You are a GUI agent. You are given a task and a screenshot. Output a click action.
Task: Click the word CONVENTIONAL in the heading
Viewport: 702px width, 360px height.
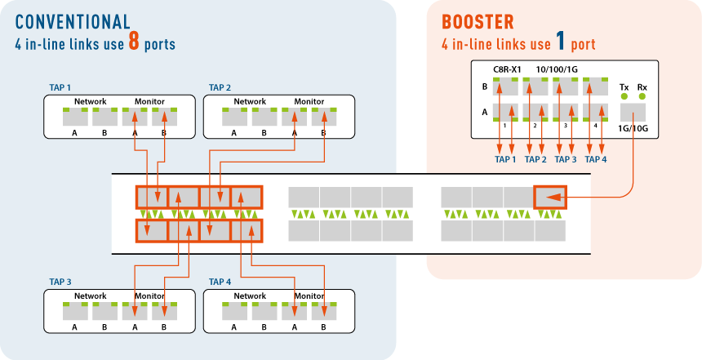(x=73, y=22)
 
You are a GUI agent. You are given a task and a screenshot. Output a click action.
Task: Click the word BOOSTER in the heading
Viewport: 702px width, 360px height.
(x=478, y=22)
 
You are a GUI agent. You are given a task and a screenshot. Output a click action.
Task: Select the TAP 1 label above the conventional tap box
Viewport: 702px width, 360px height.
(x=60, y=88)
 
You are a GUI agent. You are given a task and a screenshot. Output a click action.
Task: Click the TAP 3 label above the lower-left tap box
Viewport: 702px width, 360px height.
(x=60, y=282)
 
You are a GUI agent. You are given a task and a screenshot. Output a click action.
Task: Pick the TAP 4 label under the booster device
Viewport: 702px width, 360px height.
(x=596, y=159)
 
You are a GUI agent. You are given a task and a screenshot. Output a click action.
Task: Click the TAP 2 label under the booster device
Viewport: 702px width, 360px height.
(x=535, y=159)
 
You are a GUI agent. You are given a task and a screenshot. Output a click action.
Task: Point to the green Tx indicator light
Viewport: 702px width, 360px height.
(x=624, y=96)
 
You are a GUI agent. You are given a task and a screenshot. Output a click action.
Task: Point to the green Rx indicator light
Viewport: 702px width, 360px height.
(x=642, y=96)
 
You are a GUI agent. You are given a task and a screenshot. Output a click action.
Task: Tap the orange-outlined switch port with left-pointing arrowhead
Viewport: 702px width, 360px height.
(x=550, y=197)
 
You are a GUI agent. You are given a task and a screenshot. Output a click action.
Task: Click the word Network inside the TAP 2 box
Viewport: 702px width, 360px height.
(x=250, y=102)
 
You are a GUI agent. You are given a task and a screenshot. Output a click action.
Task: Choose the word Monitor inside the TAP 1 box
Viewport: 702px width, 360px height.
(x=149, y=102)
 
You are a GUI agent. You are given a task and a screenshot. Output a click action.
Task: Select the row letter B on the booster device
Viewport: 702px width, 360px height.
(x=484, y=87)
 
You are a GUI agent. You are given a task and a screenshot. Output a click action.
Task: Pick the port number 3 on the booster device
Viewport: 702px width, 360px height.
(x=566, y=126)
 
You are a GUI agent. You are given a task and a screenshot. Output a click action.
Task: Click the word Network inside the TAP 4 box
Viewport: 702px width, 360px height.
(x=250, y=296)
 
